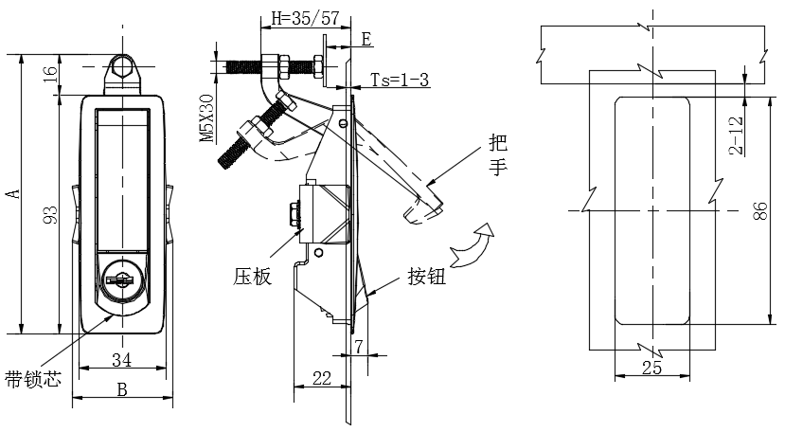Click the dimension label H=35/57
pyautogui.click(x=306, y=19)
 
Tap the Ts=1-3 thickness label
pyautogui.click(x=400, y=80)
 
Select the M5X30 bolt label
pyautogui.click(x=206, y=118)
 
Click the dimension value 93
pyautogui.click(x=51, y=215)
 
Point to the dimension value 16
pyautogui.click(x=51, y=74)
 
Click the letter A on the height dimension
pyautogui.click(x=15, y=193)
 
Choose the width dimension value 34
pyautogui.click(x=121, y=359)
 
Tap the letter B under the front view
pyautogui.click(x=122, y=389)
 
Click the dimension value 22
pyautogui.click(x=321, y=378)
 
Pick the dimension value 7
pyautogui.click(x=359, y=346)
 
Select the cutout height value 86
pyautogui.click(x=760, y=210)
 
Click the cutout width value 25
pyautogui.click(x=651, y=368)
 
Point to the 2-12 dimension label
pyautogui.click(x=736, y=135)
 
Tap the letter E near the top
pyautogui.click(x=367, y=39)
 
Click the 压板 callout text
pyautogui.click(x=252, y=276)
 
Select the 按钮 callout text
pyautogui.click(x=426, y=276)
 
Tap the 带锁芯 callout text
pyautogui.click(x=33, y=378)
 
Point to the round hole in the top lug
pyautogui.click(x=121, y=66)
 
